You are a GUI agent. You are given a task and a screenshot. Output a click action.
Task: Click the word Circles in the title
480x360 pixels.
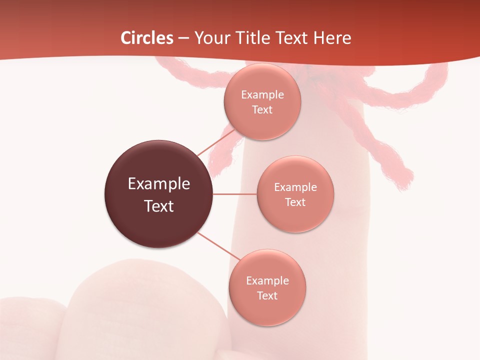pos(147,38)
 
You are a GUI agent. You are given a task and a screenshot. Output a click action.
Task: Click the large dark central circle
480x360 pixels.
pos(159,194)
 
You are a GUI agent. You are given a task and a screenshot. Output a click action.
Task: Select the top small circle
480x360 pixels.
pos(262,101)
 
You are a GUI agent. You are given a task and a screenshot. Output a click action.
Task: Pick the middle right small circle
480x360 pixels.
pos(295,194)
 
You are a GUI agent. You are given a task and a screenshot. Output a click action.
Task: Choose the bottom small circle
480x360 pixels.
pos(267,287)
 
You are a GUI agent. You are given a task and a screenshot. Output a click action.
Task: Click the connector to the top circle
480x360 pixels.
pos(216,142)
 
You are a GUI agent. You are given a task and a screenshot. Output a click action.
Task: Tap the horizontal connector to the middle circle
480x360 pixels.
pos(234,194)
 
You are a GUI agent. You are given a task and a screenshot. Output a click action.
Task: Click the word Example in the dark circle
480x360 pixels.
pos(159,183)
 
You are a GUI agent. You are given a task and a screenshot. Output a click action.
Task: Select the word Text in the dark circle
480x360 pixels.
pos(159,205)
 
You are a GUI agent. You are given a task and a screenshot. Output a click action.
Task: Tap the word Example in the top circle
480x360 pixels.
pos(262,94)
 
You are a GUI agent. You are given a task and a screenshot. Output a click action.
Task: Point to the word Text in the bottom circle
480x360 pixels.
pos(267,295)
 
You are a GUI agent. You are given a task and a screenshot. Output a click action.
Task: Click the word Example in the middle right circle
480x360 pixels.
pos(295,187)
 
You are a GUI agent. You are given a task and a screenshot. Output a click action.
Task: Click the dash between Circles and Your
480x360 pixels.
pos(183,38)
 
